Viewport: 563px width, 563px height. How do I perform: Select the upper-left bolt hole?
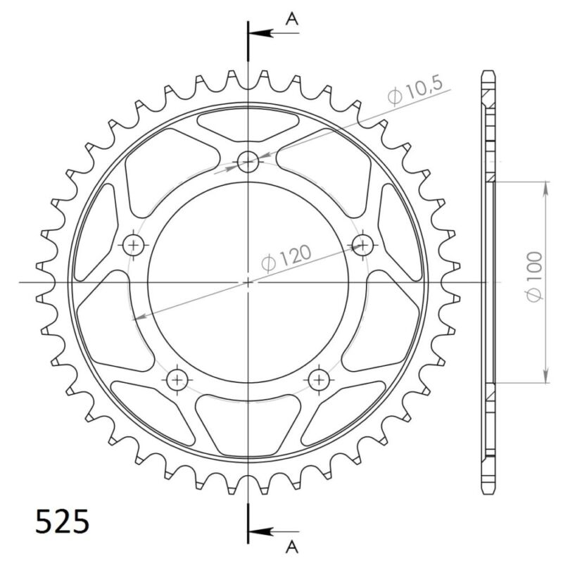134,245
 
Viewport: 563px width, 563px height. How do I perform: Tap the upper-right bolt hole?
362,245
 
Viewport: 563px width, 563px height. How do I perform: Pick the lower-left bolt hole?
177,380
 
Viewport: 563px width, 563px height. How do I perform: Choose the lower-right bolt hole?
319,380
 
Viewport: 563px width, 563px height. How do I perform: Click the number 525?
62,522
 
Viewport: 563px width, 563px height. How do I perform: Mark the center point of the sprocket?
248,281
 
